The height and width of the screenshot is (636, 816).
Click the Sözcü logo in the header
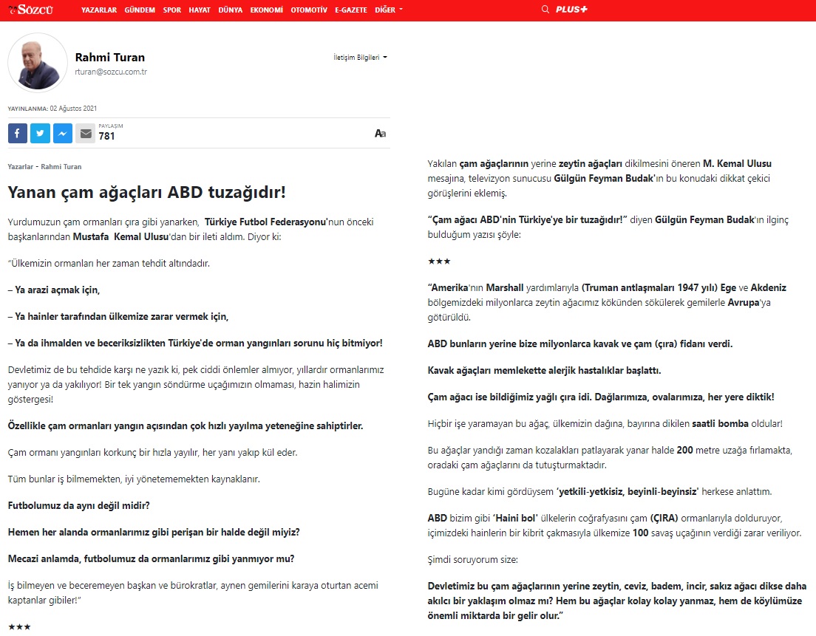pyautogui.click(x=34, y=10)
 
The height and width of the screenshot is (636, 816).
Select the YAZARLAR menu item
pyautogui.click(x=99, y=10)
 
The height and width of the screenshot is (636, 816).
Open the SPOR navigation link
pyautogui.click(x=172, y=10)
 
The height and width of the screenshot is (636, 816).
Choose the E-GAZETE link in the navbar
pyautogui.click(x=352, y=10)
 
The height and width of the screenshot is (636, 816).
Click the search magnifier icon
pyautogui.click(x=545, y=10)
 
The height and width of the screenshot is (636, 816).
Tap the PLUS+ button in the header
pyautogui.click(x=571, y=10)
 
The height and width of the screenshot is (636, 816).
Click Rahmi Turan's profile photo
pyautogui.click(x=38, y=63)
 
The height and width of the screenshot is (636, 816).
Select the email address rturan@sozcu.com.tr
pyautogui.click(x=111, y=72)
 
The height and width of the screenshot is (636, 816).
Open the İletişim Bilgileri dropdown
pyautogui.click(x=360, y=57)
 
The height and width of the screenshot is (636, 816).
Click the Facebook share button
pyautogui.click(x=18, y=133)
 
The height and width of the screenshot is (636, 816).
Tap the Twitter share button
pyautogui.click(x=40, y=133)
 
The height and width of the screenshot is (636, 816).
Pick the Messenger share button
pyautogui.click(x=63, y=133)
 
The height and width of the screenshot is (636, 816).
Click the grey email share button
pyautogui.click(x=86, y=133)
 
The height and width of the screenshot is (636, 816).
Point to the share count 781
pyautogui.click(x=106, y=136)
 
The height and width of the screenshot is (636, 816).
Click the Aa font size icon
pyautogui.click(x=380, y=134)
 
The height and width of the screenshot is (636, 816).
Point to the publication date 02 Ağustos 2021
pyautogui.click(x=73, y=108)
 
